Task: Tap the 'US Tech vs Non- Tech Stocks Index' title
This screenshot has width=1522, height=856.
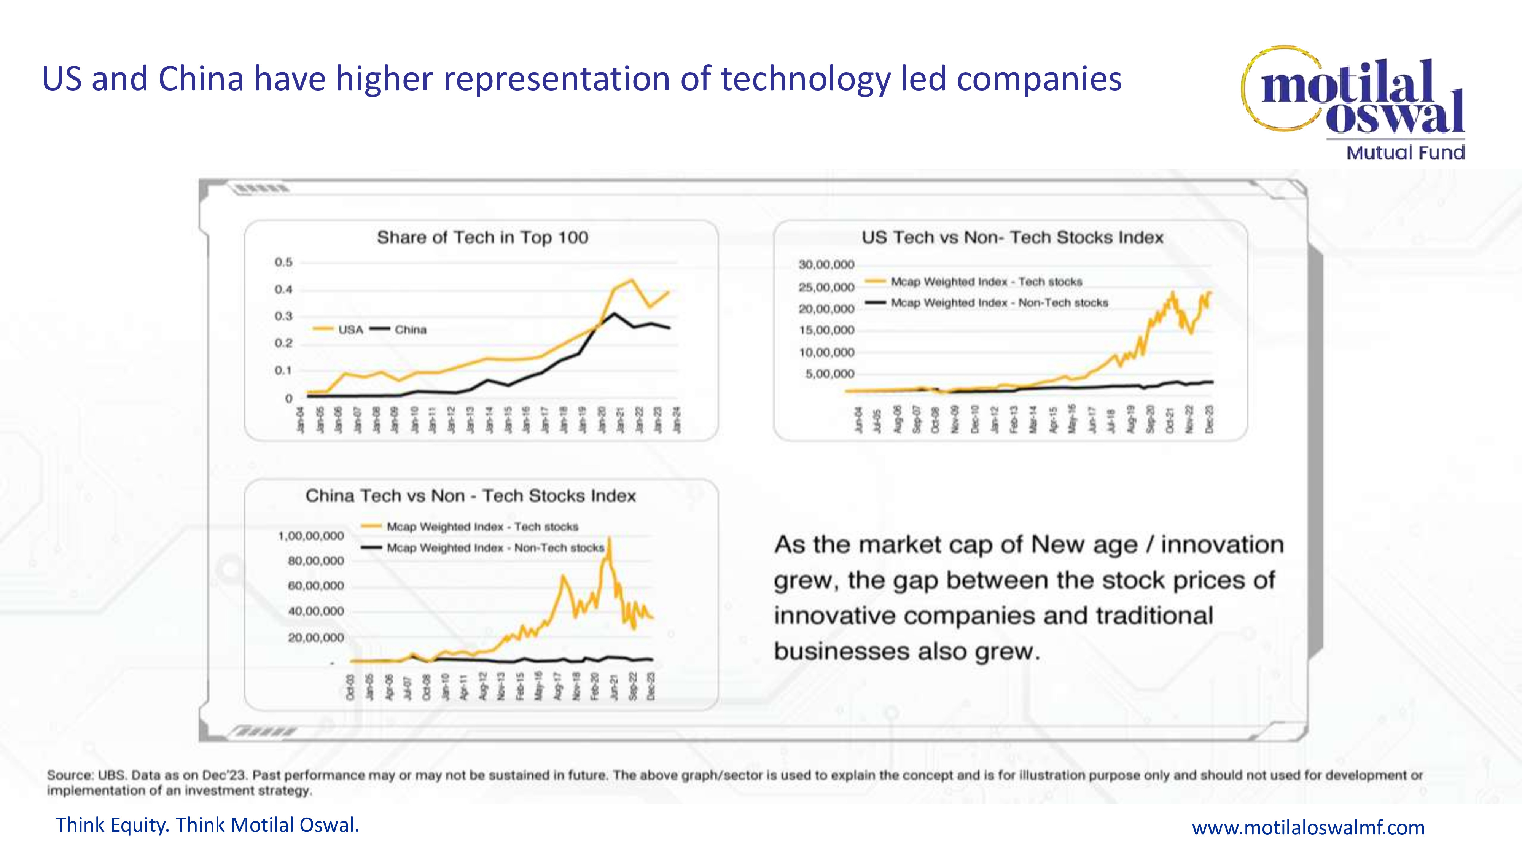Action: click(1012, 237)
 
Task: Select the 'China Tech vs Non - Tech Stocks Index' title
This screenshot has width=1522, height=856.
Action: click(470, 496)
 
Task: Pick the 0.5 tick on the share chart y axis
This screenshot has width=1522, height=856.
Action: click(283, 262)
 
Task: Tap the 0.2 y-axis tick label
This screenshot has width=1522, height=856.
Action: click(283, 343)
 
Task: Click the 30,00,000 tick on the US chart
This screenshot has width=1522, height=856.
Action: click(826, 265)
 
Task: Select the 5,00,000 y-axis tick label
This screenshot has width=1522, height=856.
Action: click(829, 374)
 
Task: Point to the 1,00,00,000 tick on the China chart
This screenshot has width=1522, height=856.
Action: click(311, 536)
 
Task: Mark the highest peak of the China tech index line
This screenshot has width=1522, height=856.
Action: click(609, 538)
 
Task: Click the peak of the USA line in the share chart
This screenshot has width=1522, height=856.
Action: click(632, 280)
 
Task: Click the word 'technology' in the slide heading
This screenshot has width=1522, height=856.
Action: click(805, 79)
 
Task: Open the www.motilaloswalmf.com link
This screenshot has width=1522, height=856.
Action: click(1308, 827)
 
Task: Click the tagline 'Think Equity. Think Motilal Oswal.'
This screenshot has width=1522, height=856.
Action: click(207, 825)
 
